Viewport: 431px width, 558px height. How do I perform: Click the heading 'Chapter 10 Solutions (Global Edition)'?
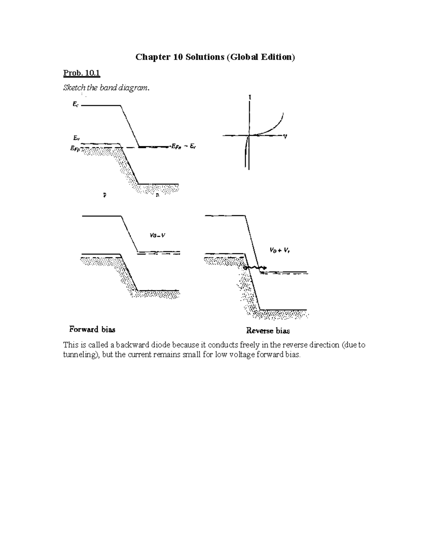[215, 57]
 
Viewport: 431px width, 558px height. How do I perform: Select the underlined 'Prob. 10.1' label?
[82, 73]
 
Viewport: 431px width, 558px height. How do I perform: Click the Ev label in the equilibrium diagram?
[76, 138]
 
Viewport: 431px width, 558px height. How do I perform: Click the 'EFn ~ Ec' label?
[183, 146]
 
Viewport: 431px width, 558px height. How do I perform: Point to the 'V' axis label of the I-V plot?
[285, 137]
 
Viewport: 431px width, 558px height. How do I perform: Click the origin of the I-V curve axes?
[249, 135]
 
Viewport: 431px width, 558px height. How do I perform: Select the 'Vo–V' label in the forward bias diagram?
[157, 236]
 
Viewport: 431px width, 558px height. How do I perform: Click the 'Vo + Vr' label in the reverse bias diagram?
[280, 250]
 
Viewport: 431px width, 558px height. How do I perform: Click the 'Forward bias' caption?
[92, 329]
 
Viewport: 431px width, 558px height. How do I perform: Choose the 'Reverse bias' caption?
[268, 331]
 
